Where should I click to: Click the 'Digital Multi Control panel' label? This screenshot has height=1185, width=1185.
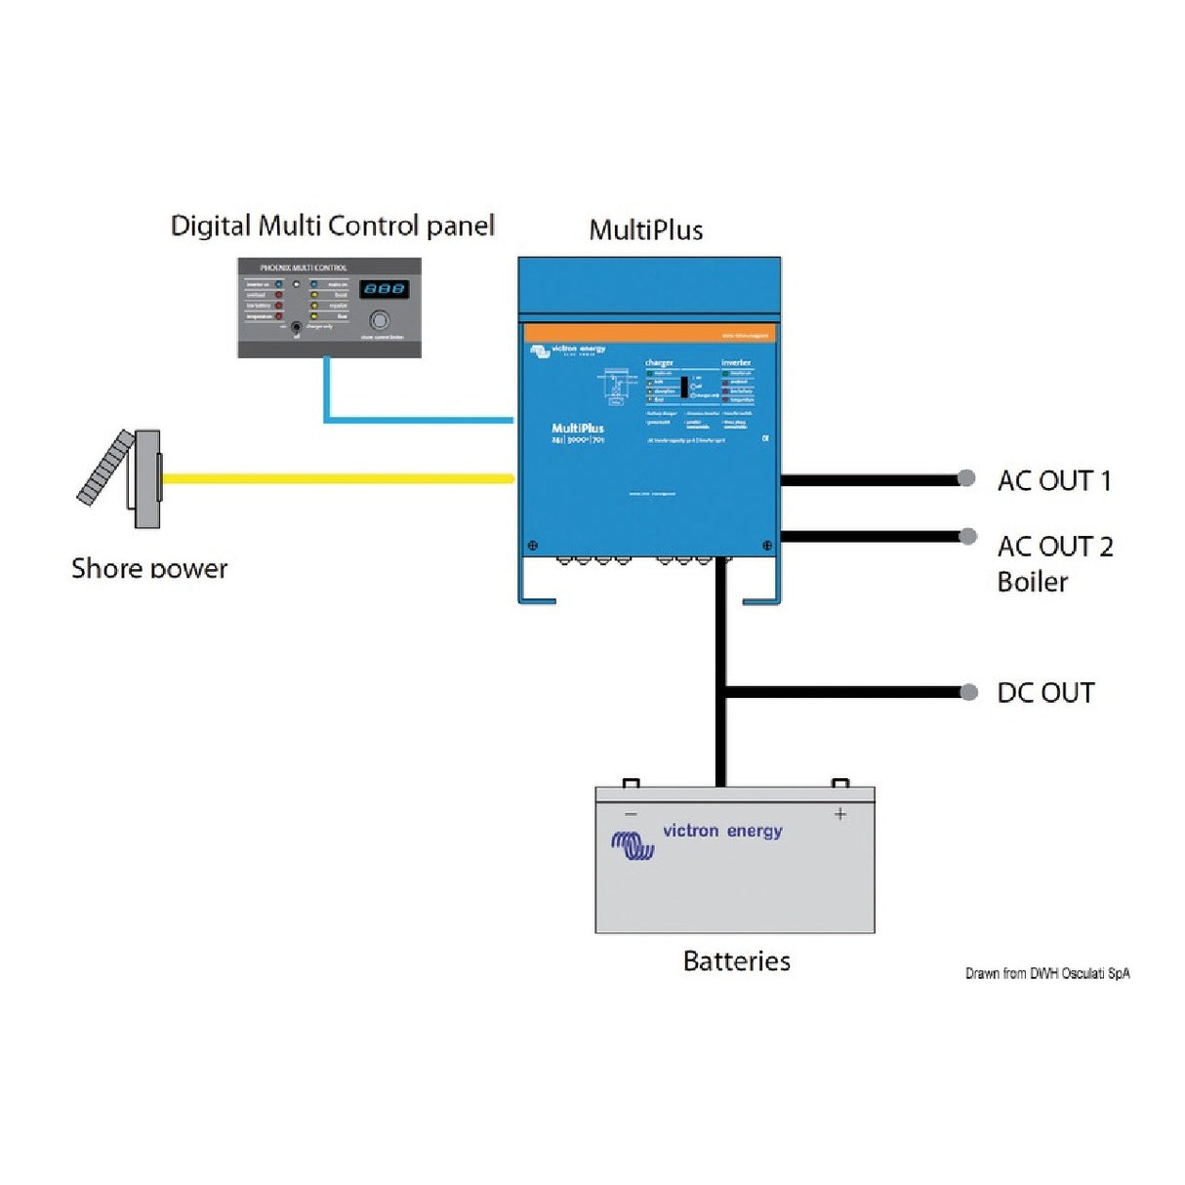pyautogui.click(x=332, y=225)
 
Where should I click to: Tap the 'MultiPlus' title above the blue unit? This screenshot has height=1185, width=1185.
pyautogui.click(x=645, y=230)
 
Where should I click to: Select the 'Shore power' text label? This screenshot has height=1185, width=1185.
pyautogui.click(x=149, y=568)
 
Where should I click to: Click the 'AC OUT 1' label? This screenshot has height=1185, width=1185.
pyautogui.click(x=1053, y=480)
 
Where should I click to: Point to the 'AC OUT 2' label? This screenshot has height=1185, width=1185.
pyautogui.click(x=1054, y=546)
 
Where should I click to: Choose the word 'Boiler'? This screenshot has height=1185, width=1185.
pyautogui.click(x=1032, y=582)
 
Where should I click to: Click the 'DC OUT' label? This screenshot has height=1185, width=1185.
pyautogui.click(x=1044, y=693)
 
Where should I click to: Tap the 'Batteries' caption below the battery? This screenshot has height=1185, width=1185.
pyautogui.click(x=736, y=961)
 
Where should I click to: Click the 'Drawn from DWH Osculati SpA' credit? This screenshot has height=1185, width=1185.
pyautogui.click(x=1046, y=973)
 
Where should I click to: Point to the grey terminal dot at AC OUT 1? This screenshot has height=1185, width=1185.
pyautogui.click(x=966, y=478)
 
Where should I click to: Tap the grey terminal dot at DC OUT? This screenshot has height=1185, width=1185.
pyautogui.click(x=968, y=692)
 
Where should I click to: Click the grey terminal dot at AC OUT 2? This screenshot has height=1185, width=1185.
pyautogui.click(x=968, y=536)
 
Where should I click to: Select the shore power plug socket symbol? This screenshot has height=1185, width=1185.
pyautogui.click(x=122, y=478)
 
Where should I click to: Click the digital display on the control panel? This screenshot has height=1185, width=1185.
pyautogui.click(x=384, y=289)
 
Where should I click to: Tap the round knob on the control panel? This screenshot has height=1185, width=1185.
pyautogui.click(x=379, y=319)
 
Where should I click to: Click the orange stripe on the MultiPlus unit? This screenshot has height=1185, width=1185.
pyautogui.click(x=649, y=333)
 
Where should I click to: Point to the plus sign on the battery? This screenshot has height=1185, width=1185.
pyautogui.click(x=839, y=813)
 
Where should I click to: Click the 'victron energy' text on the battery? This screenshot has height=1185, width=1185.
pyautogui.click(x=722, y=831)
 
